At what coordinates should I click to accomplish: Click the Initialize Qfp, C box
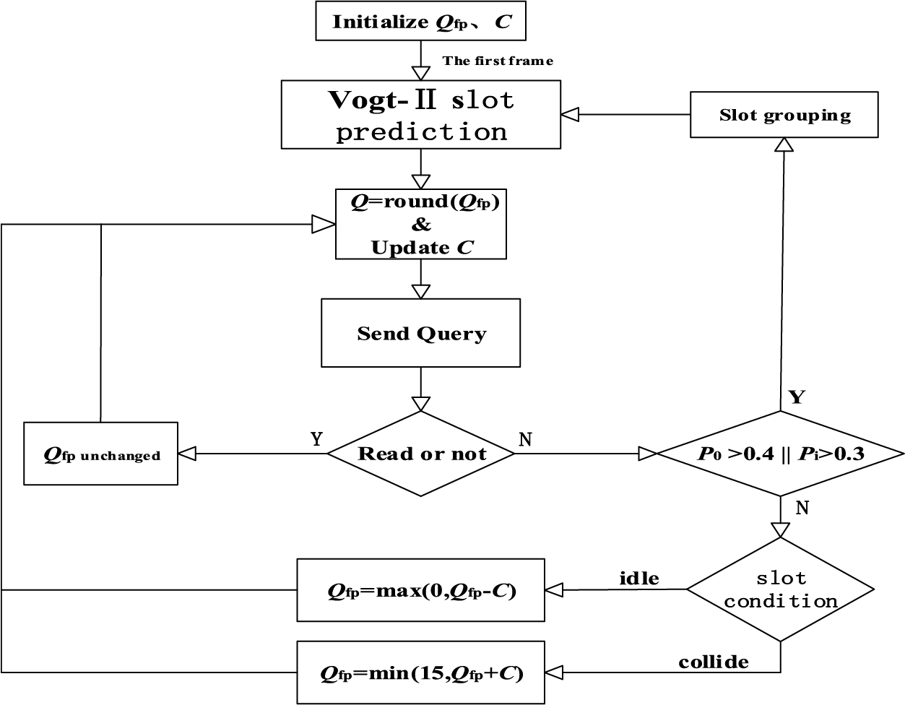coord(420,21)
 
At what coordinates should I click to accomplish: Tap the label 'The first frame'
coord(498,61)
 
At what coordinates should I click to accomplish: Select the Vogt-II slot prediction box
coord(420,115)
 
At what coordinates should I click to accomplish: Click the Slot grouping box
coord(784,115)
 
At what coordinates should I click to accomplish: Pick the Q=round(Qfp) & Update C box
coord(420,225)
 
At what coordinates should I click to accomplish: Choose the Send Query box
coord(420,333)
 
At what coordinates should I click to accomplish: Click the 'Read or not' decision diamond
coord(420,454)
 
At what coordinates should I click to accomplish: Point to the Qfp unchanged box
coord(101,454)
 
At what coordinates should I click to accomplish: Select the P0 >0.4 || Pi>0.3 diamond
coord(781,454)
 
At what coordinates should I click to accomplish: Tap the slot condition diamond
coord(781,589)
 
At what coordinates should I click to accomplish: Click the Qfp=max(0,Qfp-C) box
coord(420,590)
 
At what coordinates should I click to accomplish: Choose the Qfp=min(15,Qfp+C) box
coord(420,672)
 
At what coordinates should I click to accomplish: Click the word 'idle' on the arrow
coord(639,579)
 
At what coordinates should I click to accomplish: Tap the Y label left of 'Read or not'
coord(316,439)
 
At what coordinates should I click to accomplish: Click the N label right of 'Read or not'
coord(525,439)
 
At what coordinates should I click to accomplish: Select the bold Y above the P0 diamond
coord(797,397)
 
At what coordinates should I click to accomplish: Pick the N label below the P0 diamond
coord(802,508)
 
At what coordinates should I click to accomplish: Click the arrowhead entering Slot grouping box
coord(784,144)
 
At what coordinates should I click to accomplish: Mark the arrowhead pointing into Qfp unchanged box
coord(186,454)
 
